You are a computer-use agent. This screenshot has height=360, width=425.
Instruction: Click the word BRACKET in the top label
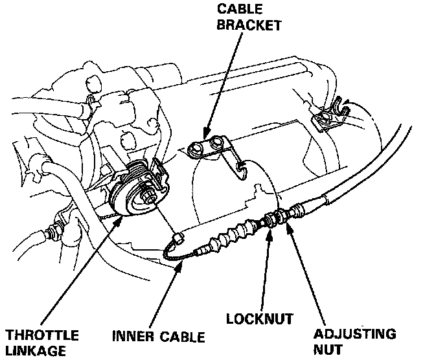tap(249, 26)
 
